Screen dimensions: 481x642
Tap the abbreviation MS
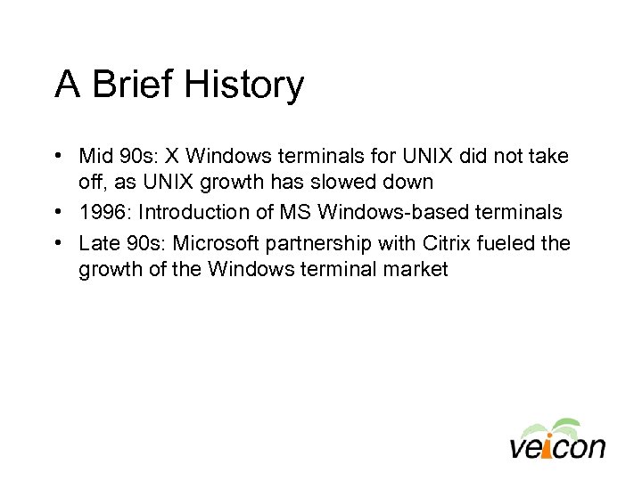[290, 212]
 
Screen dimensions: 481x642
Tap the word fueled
[505, 243]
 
